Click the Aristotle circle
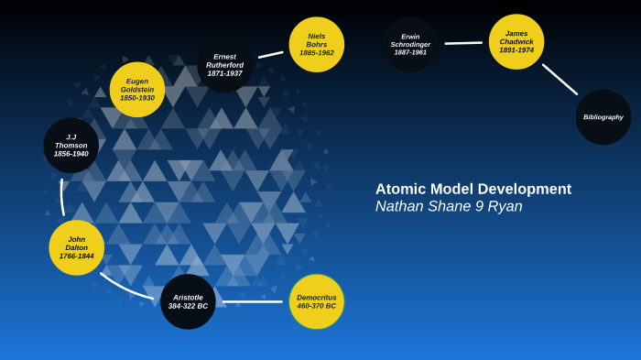[x=188, y=301]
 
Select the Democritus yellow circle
[x=317, y=301]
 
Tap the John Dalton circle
[x=77, y=247]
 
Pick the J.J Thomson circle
[x=71, y=146]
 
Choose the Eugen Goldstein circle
[x=137, y=90]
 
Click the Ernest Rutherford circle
[x=225, y=65]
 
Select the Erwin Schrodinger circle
[x=410, y=44]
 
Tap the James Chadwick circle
[x=516, y=42]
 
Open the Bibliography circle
[x=603, y=117]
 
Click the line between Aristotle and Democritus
[x=252, y=301]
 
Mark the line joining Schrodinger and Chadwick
[x=463, y=43]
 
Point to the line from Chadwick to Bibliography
[x=560, y=80]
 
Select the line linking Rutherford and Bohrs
[x=270, y=55]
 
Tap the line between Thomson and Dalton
[x=61, y=197]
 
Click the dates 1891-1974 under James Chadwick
[x=516, y=50]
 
